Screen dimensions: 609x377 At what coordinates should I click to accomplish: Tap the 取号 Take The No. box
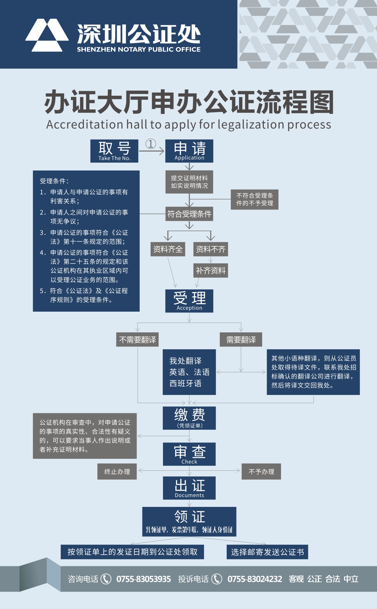click(x=114, y=151)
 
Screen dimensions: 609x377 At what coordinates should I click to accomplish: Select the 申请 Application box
click(x=189, y=151)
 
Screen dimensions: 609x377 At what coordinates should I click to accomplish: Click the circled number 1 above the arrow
click(x=151, y=144)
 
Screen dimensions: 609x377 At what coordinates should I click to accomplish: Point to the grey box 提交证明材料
click(x=189, y=182)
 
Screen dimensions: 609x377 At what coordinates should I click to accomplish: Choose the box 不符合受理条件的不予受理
click(x=255, y=199)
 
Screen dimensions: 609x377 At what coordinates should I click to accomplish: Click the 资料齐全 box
click(x=168, y=249)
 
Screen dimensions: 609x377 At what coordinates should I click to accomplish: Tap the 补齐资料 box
click(x=211, y=271)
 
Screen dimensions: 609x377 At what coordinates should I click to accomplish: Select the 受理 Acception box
click(x=189, y=301)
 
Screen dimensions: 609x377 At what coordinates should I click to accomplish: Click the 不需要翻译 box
click(x=137, y=340)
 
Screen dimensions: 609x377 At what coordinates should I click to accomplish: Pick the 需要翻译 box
click(x=241, y=340)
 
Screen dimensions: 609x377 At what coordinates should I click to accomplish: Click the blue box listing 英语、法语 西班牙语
click(x=189, y=372)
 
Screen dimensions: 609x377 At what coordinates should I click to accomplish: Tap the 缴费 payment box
click(x=189, y=418)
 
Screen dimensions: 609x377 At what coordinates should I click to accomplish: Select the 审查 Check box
click(x=189, y=454)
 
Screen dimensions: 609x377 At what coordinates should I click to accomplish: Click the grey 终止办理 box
click(x=117, y=471)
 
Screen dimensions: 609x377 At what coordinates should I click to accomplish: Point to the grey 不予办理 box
click(x=261, y=471)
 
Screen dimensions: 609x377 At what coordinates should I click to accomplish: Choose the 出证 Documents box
click(x=189, y=488)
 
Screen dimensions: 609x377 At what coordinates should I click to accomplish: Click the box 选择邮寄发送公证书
click(x=267, y=552)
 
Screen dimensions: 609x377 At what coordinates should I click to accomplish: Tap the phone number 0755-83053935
click(x=144, y=579)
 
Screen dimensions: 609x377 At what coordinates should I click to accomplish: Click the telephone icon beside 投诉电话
click(x=217, y=579)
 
